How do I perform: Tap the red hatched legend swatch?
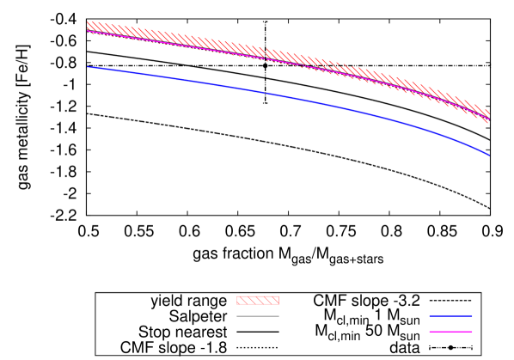pos(258,301)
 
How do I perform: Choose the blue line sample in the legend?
pos(450,315)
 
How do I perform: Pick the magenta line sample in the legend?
pos(450,332)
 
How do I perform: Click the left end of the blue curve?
pos(88,67)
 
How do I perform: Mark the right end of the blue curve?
pos(488,155)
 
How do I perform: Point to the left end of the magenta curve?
pos(88,32)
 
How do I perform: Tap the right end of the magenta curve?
pos(488,119)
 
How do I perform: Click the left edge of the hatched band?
pos(88,27)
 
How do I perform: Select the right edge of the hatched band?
pos(488,116)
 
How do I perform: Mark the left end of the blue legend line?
pos(430,315)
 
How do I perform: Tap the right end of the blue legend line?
pos(472,315)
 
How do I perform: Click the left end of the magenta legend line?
pos(430,332)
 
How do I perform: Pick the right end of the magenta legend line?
pos(472,332)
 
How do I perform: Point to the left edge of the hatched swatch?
pos(237,301)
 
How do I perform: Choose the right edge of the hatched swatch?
pos(278,301)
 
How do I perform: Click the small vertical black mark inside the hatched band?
pos(266,54)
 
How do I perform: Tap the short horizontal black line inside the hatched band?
pos(331,65)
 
